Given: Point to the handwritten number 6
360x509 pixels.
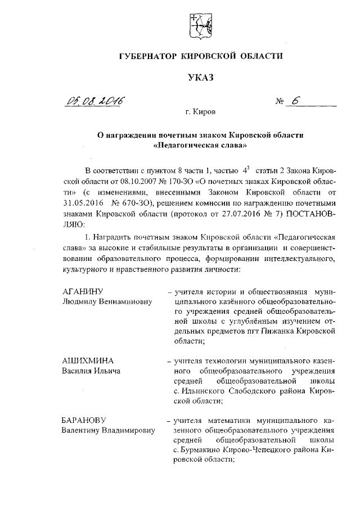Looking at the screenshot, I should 295,101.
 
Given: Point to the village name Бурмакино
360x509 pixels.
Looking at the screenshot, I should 206,450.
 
